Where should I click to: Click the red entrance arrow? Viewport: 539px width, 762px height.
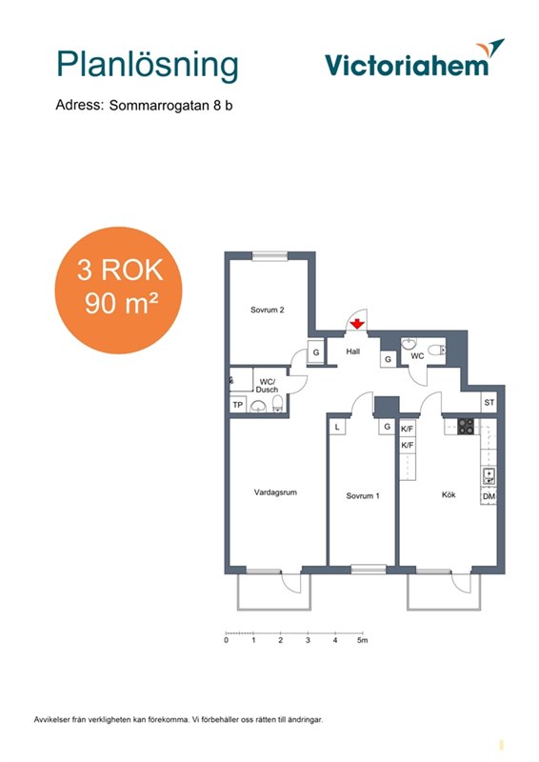pyautogui.click(x=357, y=323)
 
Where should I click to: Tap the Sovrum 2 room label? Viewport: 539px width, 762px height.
pyautogui.click(x=268, y=310)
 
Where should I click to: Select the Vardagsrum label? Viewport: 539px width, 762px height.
pyautogui.click(x=275, y=492)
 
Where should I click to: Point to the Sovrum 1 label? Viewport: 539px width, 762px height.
pyautogui.click(x=363, y=495)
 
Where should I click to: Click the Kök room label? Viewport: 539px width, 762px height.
pyautogui.click(x=449, y=494)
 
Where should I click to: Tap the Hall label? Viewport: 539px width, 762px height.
pyautogui.click(x=353, y=351)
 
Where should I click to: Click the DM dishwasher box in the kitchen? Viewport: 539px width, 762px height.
pyautogui.click(x=489, y=496)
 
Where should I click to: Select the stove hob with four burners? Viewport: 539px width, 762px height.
pyautogui.click(x=466, y=426)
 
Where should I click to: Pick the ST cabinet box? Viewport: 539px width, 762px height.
pyautogui.click(x=489, y=402)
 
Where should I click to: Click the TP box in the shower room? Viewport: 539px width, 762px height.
pyautogui.click(x=238, y=404)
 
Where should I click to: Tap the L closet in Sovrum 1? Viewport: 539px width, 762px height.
pyautogui.click(x=337, y=427)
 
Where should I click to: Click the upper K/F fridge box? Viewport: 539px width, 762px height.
pyautogui.click(x=408, y=429)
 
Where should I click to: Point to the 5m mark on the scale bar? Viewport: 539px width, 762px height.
pyautogui.click(x=363, y=640)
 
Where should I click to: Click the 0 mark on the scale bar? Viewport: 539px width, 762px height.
pyautogui.click(x=226, y=640)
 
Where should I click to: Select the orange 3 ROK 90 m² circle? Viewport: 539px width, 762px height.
pyautogui.click(x=118, y=291)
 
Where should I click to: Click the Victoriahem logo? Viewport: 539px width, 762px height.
pyautogui.click(x=414, y=59)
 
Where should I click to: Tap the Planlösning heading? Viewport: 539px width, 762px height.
pyautogui.click(x=148, y=65)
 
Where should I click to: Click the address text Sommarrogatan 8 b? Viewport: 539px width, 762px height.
pyautogui.click(x=170, y=105)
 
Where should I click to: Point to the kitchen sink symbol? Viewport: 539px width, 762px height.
pyautogui.click(x=489, y=475)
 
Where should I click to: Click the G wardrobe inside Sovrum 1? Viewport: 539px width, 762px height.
pyautogui.click(x=387, y=427)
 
